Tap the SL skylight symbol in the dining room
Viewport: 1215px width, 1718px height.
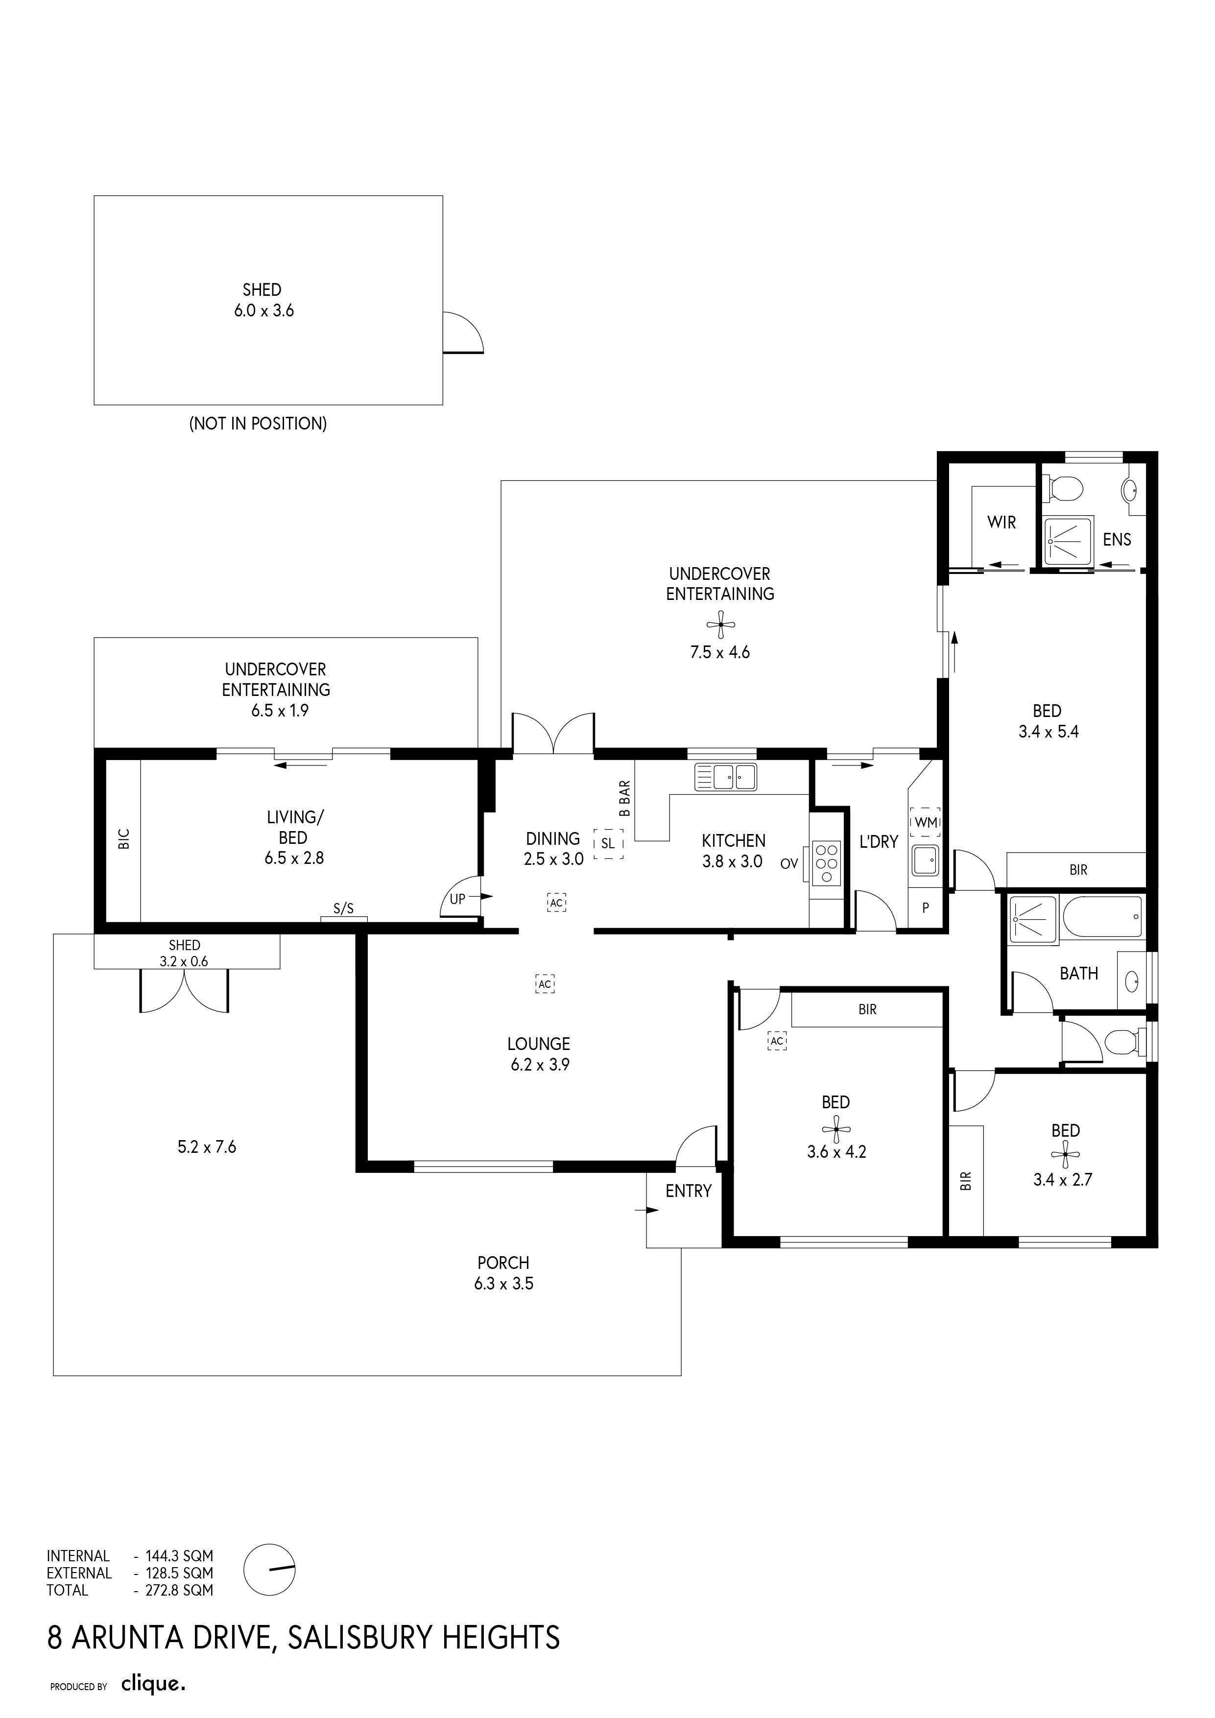click(608, 843)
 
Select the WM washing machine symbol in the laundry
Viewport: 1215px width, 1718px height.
click(926, 822)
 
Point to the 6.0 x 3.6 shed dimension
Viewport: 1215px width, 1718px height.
click(263, 310)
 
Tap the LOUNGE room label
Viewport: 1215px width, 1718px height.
click(539, 1044)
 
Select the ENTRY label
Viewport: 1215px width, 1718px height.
click(688, 1191)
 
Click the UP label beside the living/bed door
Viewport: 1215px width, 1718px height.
click(457, 899)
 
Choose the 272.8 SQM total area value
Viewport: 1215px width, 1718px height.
click(179, 1590)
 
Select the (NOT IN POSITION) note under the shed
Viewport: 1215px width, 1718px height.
click(258, 424)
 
